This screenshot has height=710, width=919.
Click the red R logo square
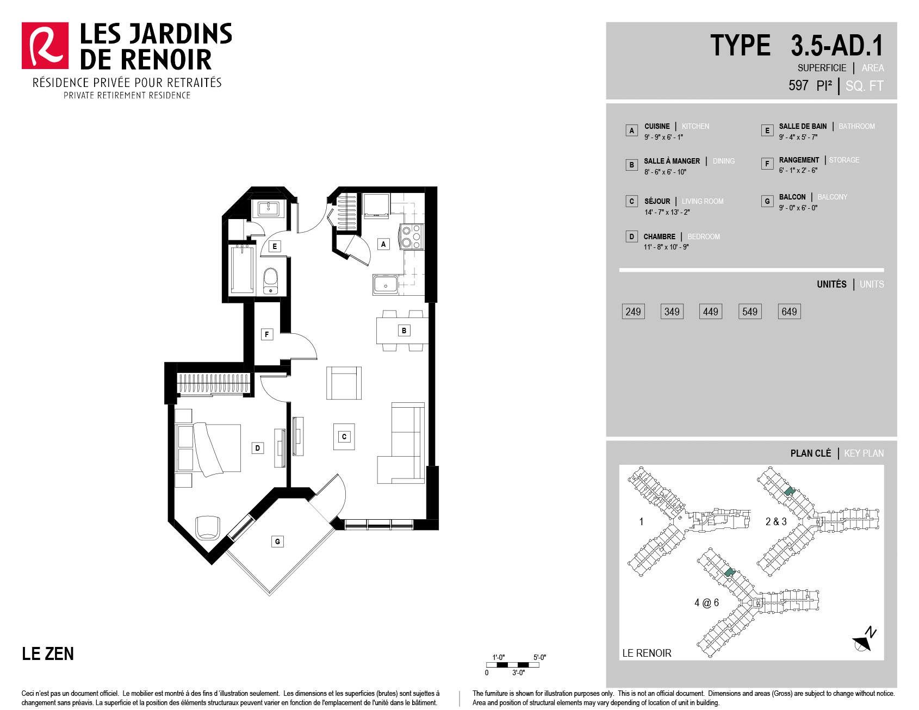tap(45, 46)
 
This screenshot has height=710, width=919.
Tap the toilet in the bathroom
tap(270, 281)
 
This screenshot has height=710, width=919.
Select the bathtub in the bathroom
tap(242, 270)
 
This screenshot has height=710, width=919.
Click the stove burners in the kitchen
tap(411, 236)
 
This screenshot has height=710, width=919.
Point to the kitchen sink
tap(386, 284)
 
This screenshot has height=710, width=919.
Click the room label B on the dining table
tap(404, 330)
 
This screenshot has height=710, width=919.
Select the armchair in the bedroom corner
tap(208, 527)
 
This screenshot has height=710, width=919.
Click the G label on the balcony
tap(277, 541)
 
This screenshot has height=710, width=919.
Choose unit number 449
tap(711, 312)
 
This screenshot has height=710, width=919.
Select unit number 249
tap(633, 312)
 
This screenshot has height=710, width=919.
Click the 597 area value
tap(798, 85)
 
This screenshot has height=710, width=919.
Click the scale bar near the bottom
tap(513, 665)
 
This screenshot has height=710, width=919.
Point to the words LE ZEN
tap(48, 653)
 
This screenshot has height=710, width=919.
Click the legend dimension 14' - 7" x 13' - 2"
tap(667, 212)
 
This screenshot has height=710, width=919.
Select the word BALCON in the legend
tap(792, 197)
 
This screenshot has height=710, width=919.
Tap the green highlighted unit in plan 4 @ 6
tap(730, 572)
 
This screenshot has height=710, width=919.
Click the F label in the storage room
tap(266, 334)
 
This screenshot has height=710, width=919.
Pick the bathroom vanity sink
tap(269, 208)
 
